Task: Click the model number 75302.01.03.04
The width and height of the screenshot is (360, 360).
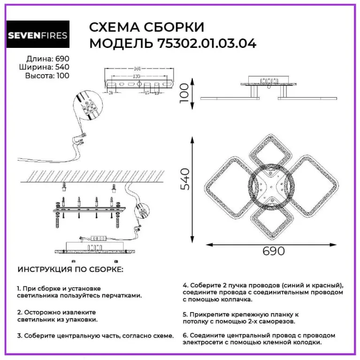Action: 204,44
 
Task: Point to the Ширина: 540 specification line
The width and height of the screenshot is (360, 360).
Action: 45,67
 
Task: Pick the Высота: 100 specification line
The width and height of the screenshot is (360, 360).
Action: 46,75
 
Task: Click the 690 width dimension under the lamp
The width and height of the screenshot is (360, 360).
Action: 273,251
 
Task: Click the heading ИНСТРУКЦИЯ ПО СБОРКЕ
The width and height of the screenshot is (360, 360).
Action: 70,270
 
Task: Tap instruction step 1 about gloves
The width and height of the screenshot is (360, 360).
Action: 79,292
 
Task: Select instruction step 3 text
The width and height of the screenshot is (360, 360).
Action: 95,336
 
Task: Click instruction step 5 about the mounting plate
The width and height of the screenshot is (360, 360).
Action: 239,317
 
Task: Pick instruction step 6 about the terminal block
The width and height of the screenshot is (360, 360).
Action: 259,339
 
